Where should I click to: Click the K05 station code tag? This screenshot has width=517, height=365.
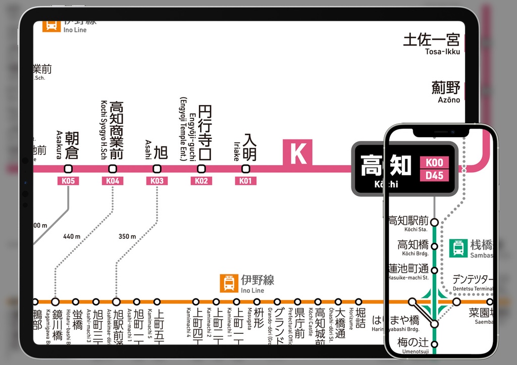[x=68, y=181]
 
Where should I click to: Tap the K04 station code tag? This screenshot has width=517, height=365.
[x=112, y=181]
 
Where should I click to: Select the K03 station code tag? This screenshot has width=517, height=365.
[x=157, y=181]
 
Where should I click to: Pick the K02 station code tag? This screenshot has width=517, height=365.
[x=201, y=181]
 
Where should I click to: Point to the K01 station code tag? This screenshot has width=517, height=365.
[x=245, y=181]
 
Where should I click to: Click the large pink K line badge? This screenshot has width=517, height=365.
[x=298, y=153]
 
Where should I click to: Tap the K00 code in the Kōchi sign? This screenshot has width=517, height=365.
[x=434, y=163]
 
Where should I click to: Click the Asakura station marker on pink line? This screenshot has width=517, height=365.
[x=68, y=169]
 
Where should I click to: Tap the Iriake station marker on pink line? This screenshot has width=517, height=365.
[x=246, y=169]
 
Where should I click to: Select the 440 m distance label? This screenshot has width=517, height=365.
[x=72, y=236]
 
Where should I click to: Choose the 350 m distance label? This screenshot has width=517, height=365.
[x=127, y=236]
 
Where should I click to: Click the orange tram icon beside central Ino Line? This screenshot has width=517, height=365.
[x=229, y=283]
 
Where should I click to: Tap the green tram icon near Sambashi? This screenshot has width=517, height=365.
[x=458, y=248]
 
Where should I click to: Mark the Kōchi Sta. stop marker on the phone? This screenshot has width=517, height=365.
[x=434, y=222]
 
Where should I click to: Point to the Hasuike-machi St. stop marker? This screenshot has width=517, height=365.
[x=434, y=269]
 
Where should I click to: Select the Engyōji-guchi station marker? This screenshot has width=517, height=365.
[x=201, y=169]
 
